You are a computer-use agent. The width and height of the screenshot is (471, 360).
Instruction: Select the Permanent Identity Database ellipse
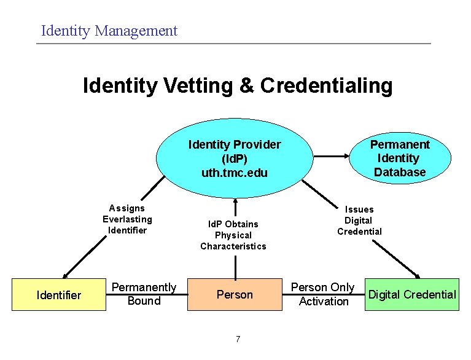[x=399, y=158]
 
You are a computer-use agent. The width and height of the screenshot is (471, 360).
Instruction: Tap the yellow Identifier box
[x=58, y=295]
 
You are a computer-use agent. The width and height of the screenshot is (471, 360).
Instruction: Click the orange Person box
[x=235, y=295]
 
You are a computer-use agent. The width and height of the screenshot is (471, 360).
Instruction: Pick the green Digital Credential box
[x=411, y=295]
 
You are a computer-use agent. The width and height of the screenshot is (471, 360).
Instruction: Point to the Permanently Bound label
[x=144, y=294]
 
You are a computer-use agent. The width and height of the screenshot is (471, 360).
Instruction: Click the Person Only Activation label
[x=322, y=294]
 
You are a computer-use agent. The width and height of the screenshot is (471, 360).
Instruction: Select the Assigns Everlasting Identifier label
[x=127, y=219]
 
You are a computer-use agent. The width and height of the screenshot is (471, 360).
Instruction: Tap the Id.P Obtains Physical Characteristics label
[x=233, y=235]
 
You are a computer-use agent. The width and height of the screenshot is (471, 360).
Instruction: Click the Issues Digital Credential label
[x=359, y=221]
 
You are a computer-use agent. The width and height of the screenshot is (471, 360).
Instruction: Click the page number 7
[x=238, y=339]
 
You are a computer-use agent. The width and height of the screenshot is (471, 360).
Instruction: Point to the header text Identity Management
[x=109, y=30]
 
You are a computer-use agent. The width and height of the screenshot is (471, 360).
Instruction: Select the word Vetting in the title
[x=197, y=85]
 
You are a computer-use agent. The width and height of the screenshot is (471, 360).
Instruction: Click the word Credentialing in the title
[x=326, y=85]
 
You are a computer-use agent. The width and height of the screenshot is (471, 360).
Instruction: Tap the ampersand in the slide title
[x=246, y=85]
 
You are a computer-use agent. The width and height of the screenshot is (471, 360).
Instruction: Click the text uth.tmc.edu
[x=235, y=173]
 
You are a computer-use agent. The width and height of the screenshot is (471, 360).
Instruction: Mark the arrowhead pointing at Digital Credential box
[x=419, y=276]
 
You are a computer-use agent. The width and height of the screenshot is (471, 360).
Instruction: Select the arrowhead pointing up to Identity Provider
[x=235, y=202]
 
